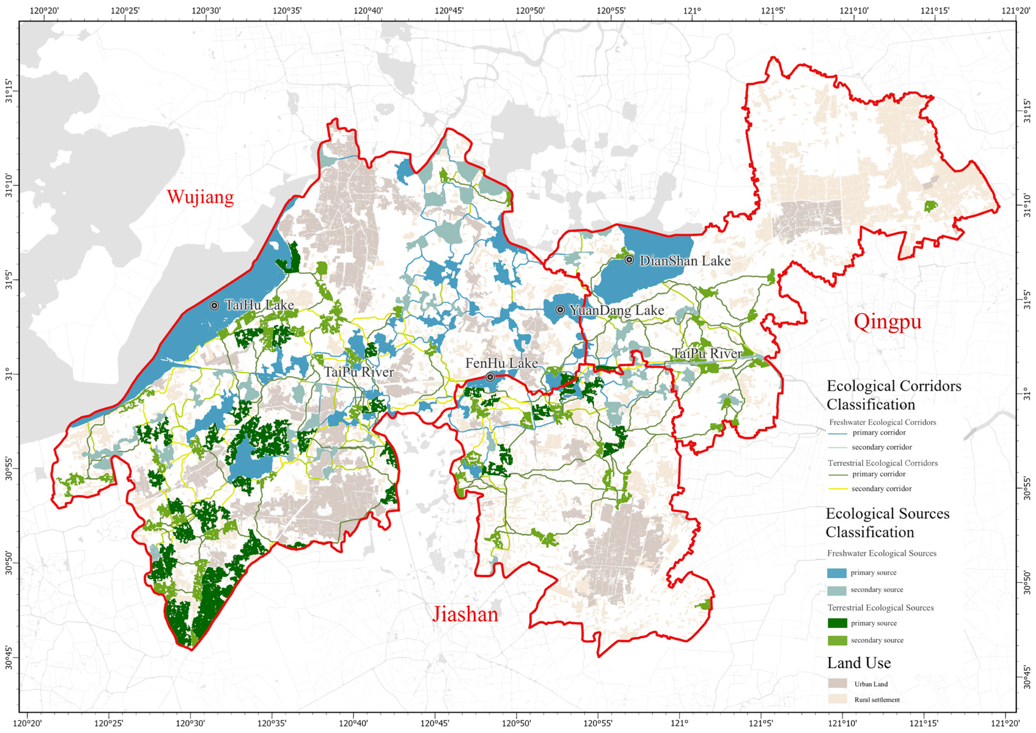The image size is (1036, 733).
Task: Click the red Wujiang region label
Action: [x=200, y=197]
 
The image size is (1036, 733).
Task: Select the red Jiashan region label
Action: [x=465, y=615]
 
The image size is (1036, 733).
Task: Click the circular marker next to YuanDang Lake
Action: [x=560, y=310]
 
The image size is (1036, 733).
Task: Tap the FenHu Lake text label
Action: [x=502, y=363]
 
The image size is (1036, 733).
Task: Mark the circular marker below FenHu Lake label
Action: [x=490, y=377]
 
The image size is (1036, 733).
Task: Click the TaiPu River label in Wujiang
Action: [x=359, y=372]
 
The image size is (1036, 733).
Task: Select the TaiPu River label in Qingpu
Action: [x=707, y=354]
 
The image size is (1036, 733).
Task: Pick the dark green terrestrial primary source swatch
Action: [x=837, y=623]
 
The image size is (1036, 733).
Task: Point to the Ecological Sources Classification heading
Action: [x=887, y=523]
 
